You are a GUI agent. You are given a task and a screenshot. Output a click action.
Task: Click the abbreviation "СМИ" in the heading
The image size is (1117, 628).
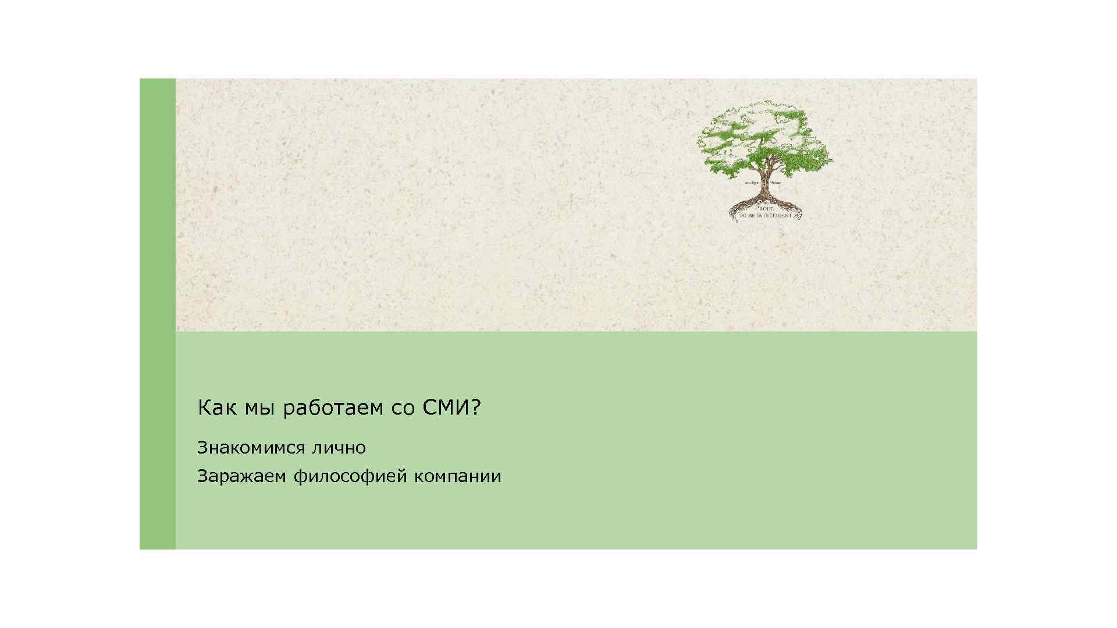pos(446,408)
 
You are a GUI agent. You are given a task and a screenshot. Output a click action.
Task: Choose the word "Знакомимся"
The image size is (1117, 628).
pos(251,448)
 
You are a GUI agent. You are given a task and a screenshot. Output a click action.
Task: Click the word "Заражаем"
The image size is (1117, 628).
pos(242,476)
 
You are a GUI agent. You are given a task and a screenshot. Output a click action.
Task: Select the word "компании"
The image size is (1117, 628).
pos(458,476)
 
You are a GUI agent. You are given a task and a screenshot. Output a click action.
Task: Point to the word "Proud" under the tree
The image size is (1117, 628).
pos(764,208)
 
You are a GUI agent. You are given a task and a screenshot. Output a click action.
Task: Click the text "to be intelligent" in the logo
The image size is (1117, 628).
pos(766,216)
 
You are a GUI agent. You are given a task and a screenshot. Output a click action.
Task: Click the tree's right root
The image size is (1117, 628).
pos(791,207)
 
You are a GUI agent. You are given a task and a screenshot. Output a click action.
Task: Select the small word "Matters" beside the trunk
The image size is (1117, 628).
pos(776,183)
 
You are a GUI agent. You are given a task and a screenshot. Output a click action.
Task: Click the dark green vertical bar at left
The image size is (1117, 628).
pos(157,314)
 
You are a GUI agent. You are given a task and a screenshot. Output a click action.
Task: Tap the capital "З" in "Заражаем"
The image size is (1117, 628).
pos(202,476)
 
